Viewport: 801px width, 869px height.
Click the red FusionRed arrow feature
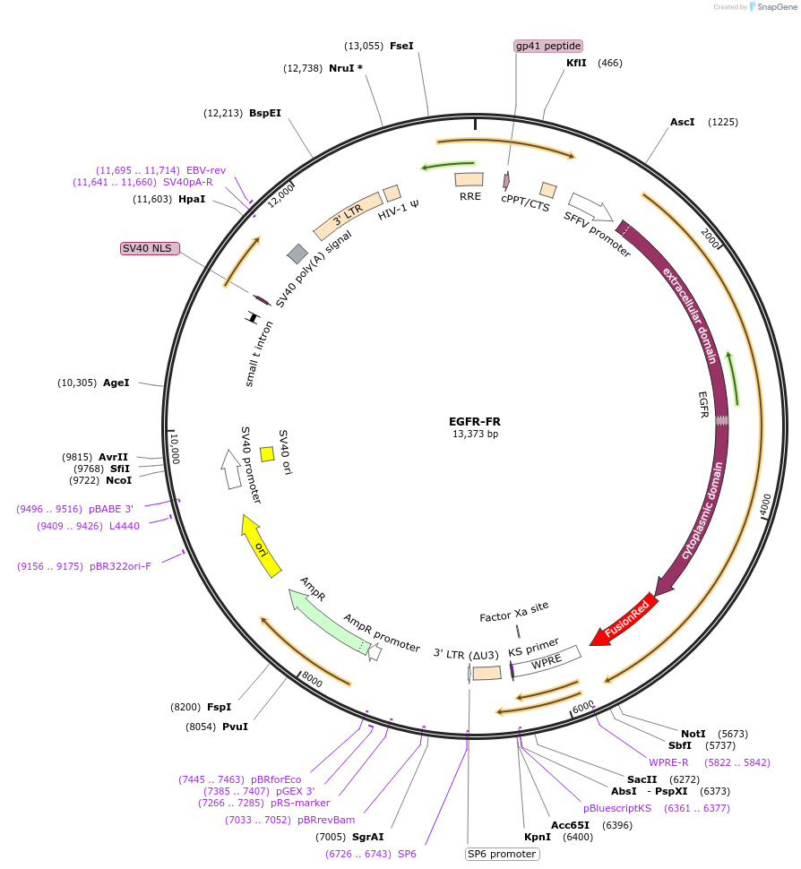pyautogui.click(x=625, y=618)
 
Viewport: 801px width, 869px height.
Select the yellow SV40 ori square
pyautogui.click(x=267, y=454)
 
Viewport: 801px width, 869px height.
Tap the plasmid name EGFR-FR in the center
pyautogui.click(x=475, y=421)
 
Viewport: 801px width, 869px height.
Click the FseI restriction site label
pyautogui.click(x=401, y=46)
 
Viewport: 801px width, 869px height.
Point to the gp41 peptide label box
pyautogui.click(x=548, y=46)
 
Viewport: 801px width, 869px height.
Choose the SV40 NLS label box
pyautogui.click(x=151, y=248)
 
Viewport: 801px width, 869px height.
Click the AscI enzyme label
pyautogui.click(x=683, y=122)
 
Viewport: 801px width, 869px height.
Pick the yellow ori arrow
pyautogui.click(x=260, y=545)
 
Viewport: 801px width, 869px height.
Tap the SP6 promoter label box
pyautogui.click(x=502, y=854)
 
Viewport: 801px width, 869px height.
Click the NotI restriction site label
pyautogui.click(x=693, y=734)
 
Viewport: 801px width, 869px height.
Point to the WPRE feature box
pyautogui.click(x=547, y=661)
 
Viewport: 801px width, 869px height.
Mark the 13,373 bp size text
pyautogui.click(x=475, y=434)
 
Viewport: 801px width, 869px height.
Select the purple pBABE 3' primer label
pyautogui.click(x=111, y=509)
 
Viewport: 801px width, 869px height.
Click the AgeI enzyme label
pyautogui.click(x=116, y=383)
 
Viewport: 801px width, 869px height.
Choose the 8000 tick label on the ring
pyautogui.click(x=310, y=682)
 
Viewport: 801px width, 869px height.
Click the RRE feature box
pyautogui.click(x=469, y=180)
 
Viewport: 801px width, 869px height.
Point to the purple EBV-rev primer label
pyautogui.click(x=206, y=170)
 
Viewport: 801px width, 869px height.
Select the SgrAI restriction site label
pyautogui.click(x=367, y=837)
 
